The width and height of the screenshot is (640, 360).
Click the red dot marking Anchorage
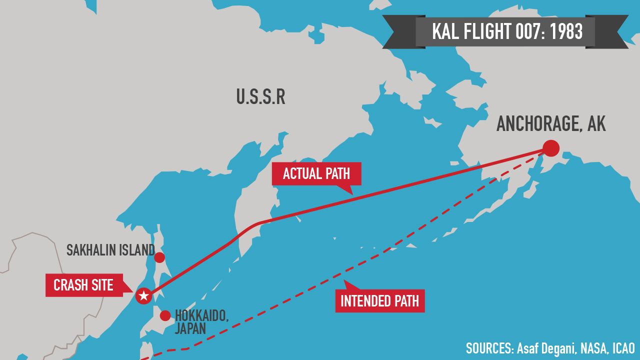point(550,148)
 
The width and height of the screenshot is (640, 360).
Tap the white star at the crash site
point(143,296)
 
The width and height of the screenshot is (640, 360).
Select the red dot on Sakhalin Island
point(159,257)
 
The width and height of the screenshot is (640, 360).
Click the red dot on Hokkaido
point(165,315)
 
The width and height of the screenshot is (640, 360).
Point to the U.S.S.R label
point(260,97)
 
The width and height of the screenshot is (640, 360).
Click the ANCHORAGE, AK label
point(551,123)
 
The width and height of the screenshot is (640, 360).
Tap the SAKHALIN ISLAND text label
point(110,250)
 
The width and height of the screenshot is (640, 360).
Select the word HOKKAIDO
point(201,315)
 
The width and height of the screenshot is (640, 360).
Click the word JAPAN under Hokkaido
point(190,328)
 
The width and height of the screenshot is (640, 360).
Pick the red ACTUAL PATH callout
point(316,174)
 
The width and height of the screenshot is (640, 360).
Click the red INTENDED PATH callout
point(379,301)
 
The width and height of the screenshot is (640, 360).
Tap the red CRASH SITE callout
point(83,285)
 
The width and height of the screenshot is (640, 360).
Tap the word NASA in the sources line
point(594,348)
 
